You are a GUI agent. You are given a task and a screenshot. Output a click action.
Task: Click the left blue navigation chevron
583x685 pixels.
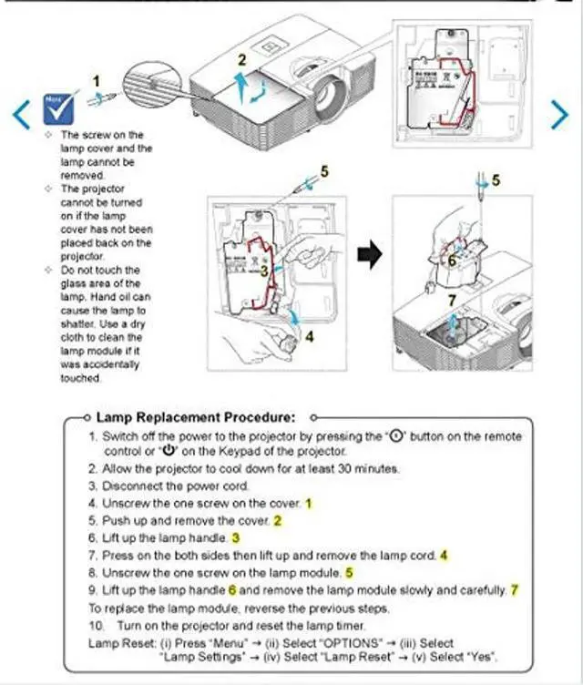(x=21, y=113)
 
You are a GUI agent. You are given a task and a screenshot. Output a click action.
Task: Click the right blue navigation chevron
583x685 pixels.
(x=560, y=113)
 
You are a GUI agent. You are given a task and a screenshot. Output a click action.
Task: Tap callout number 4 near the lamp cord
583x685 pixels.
(x=309, y=336)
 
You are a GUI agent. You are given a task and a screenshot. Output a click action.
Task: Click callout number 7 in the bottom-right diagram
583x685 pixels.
(x=451, y=298)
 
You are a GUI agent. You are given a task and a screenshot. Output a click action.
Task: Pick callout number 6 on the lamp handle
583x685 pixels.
(x=452, y=259)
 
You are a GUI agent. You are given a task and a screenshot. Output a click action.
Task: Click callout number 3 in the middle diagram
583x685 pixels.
(x=263, y=270)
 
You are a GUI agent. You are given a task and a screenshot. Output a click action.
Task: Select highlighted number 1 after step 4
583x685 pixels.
(x=308, y=503)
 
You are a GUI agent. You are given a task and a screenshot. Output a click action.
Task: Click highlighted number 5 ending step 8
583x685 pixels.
(x=348, y=572)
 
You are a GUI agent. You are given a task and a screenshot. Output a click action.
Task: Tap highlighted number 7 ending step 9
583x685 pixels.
(x=514, y=589)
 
